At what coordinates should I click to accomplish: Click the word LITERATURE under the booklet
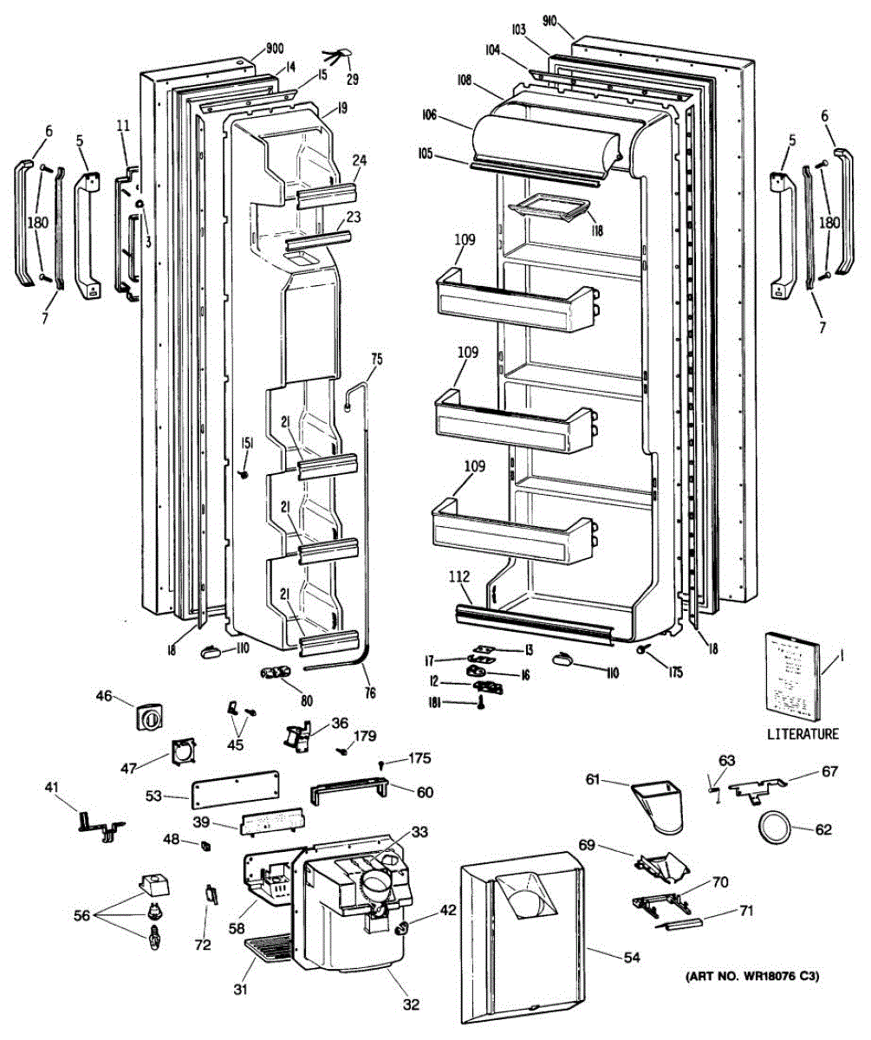point(803,734)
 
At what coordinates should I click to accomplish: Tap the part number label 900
point(275,49)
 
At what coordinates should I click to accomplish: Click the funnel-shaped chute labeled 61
point(660,807)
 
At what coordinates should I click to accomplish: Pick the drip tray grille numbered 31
point(269,949)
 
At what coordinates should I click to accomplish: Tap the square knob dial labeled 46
point(149,718)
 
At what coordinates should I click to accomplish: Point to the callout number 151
point(247,442)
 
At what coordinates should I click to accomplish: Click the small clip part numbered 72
point(211,894)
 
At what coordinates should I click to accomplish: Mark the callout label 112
point(458,576)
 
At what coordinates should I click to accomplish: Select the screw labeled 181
point(481,703)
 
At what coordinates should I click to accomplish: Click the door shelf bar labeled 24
point(328,195)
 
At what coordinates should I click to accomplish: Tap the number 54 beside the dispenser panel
point(632,957)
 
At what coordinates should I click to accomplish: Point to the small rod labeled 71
point(679,924)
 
